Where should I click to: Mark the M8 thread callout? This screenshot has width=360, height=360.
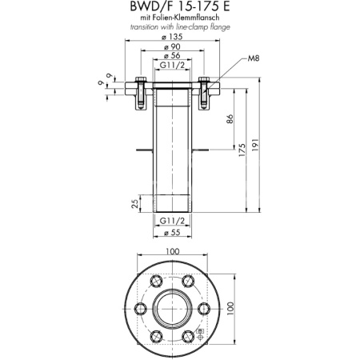[x=254, y=59]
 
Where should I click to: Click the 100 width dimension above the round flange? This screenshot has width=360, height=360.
[x=171, y=252]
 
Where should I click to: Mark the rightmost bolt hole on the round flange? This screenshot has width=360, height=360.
[x=202, y=309]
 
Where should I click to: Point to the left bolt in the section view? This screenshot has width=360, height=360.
[x=141, y=90]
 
